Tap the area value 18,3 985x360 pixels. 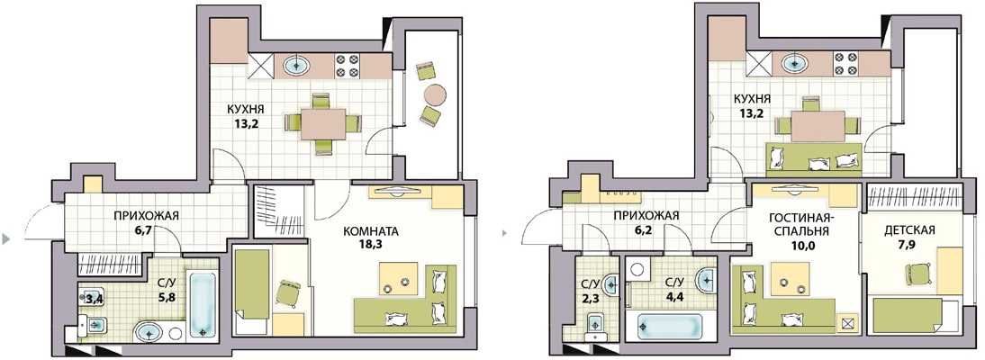click(x=371, y=245)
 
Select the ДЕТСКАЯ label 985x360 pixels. click(x=909, y=230)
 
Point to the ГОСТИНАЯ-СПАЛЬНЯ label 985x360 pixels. click(x=800, y=224)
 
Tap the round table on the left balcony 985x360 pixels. click(x=435, y=94)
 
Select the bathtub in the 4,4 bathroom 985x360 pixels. click(x=670, y=327)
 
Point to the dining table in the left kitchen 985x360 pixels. click(x=323, y=124)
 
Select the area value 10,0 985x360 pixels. click(x=800, y=245)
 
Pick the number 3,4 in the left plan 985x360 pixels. click(x=95, y=299)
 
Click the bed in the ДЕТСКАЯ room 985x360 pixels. click(x=909, y=315)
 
